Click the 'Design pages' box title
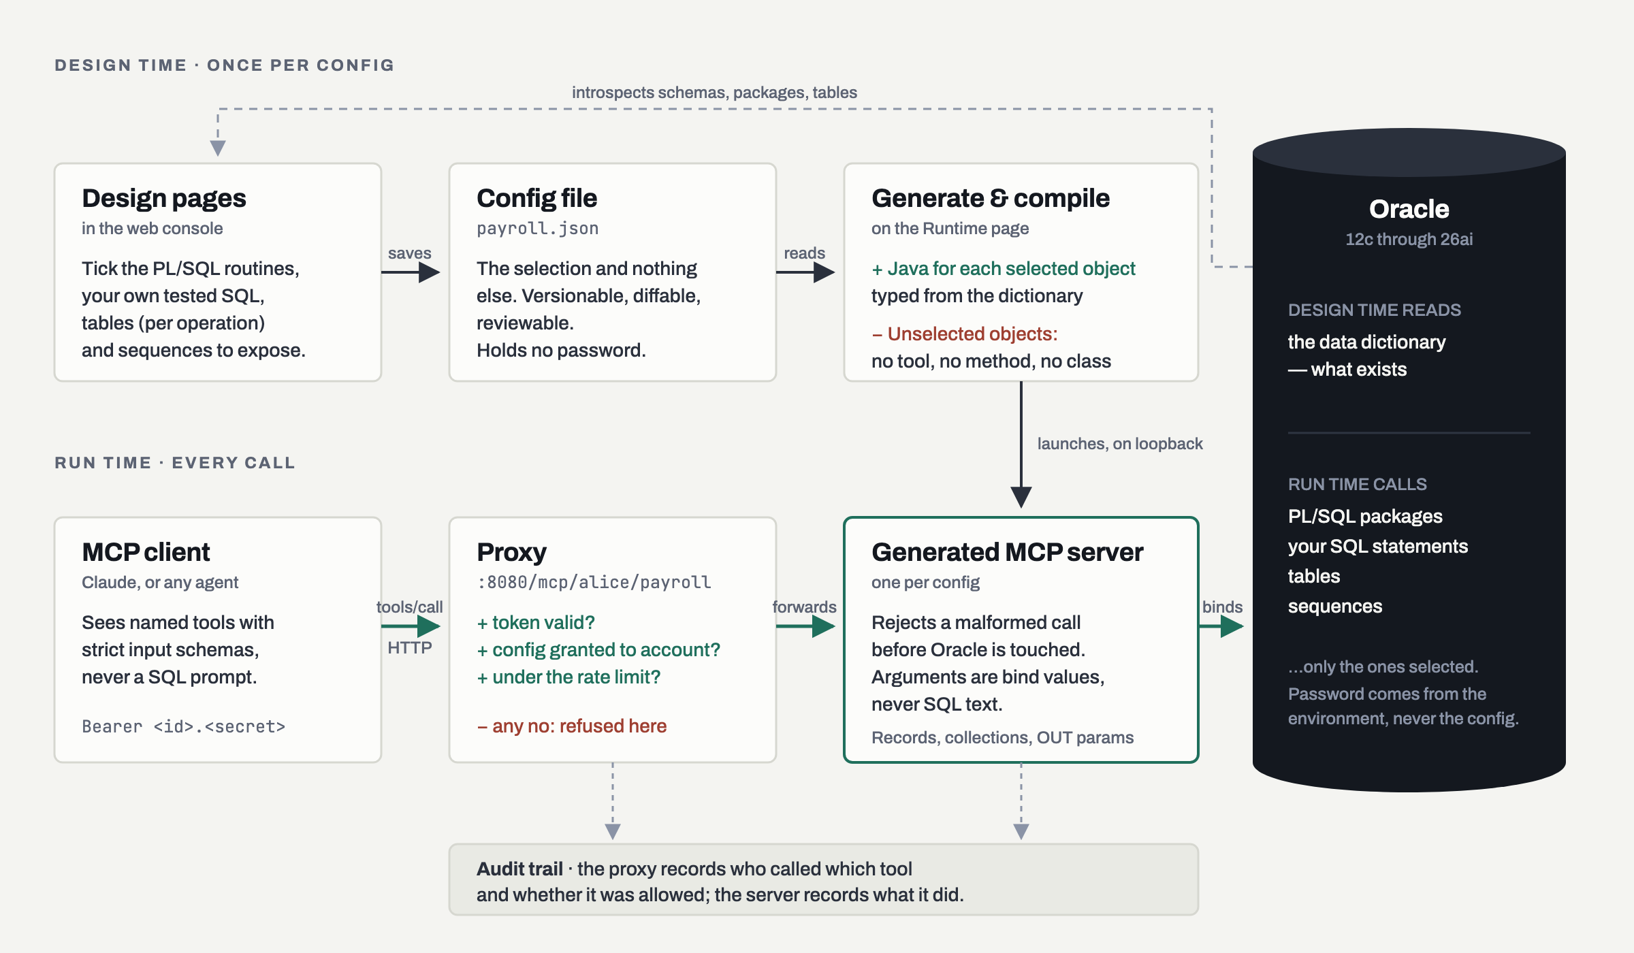click(x=163, y=198)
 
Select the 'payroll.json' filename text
click(x=537, y=229)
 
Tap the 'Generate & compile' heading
click(x=991, y=198)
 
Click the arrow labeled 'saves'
click(x=411, y=272)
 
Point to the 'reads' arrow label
click(x=804, y=253)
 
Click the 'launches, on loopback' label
click(x=1120, y=444)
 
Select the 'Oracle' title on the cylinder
click(x=1409, y=209)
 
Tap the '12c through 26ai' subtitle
click(x=1409, y=240)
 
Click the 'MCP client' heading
click(x=146, y=552)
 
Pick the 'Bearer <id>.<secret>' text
click(x=183, y=726)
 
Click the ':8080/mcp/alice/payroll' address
click(x=594, y=582)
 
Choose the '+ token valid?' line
click(x=536, y=623)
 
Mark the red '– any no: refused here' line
click(x=572, y=726)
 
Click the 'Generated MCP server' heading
click(x=1007, y=552)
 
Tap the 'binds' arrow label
click(x=1222, y=607)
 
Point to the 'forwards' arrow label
click(x=804, y=607)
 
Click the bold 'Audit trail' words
click(x=519, y=869)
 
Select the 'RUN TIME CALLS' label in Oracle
click(x=1357, y=485)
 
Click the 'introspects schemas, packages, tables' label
click(x=714, y=93)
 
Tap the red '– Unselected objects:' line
click(x=965, y=334)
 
